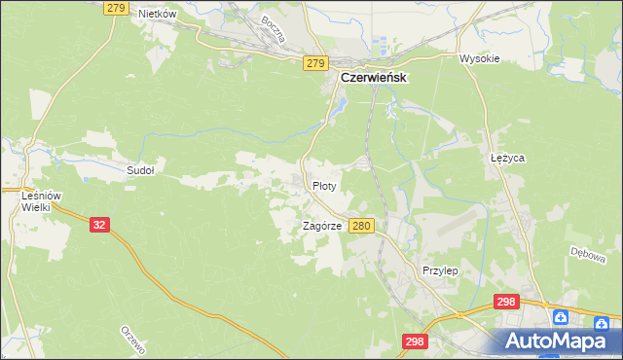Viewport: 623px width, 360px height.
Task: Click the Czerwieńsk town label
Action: coord(373,78)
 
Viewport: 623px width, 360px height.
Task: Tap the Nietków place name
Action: coord(156,14)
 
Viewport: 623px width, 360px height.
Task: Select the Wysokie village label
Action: coord(479,58)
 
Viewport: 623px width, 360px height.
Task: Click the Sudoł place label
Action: coord(141,169)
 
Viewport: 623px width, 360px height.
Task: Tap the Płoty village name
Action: coord(324,185)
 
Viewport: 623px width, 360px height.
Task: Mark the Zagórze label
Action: coord(320,225)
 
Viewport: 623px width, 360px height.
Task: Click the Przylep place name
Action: coord(439,270)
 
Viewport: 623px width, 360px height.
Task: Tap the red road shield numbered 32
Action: coord(98,224)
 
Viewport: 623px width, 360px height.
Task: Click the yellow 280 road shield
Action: coord(361,226)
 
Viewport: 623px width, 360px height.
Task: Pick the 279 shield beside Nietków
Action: coord(115,8)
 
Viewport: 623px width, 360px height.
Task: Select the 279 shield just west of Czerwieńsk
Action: coord(313,63)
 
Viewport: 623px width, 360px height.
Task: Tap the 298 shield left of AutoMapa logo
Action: coord(415,341)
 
